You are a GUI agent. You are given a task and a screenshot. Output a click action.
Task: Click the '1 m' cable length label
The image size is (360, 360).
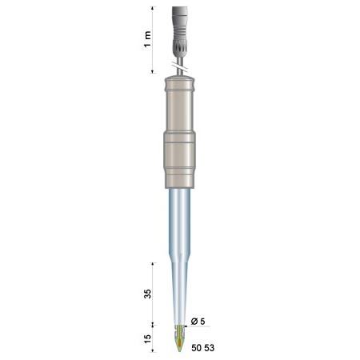tap(147, 39)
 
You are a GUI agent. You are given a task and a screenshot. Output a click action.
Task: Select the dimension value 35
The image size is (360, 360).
tap(147, 294)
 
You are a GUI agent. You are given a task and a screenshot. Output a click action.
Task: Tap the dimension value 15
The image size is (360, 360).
tap(147, 338)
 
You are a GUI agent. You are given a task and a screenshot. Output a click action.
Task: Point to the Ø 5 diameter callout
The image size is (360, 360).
tap(198, 322)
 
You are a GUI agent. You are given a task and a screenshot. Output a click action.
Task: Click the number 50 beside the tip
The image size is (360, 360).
tap(197, 348)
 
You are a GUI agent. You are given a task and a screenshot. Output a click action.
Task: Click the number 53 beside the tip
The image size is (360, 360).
tap(210, 348)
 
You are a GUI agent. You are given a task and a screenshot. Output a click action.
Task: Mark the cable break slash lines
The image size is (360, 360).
tap(179, 68)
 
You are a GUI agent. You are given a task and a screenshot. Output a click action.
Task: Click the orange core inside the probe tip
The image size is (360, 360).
tap(180, 343)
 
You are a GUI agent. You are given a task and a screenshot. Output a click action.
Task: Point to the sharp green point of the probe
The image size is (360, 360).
tap(179, 352)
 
